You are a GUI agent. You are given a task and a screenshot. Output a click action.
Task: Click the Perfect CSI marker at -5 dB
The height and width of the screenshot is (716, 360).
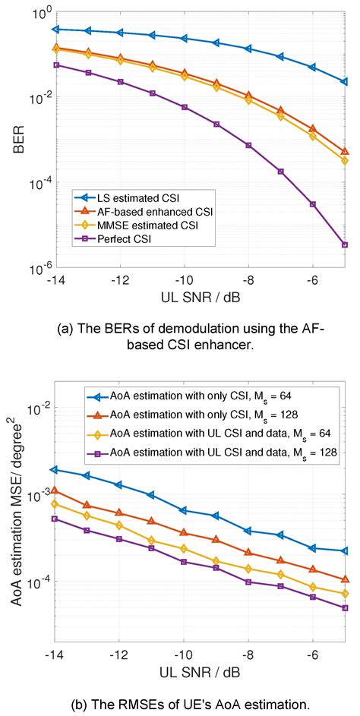[345, 244]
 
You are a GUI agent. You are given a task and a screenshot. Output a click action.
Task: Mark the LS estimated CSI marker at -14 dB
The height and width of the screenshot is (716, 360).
[55, 29]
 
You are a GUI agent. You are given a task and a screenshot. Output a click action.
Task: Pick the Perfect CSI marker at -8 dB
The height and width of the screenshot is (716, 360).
[248, 145]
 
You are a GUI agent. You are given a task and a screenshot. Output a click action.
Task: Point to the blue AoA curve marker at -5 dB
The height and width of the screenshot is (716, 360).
[345, 550]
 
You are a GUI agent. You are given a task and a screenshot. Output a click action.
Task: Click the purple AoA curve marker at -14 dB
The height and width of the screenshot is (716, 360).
[55, 519]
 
